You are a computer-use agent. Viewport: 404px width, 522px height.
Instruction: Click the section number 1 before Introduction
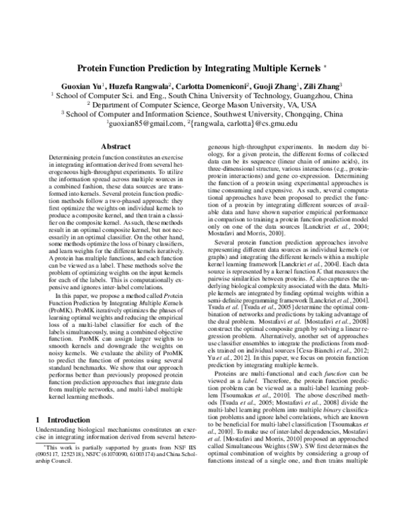point(38,401)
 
